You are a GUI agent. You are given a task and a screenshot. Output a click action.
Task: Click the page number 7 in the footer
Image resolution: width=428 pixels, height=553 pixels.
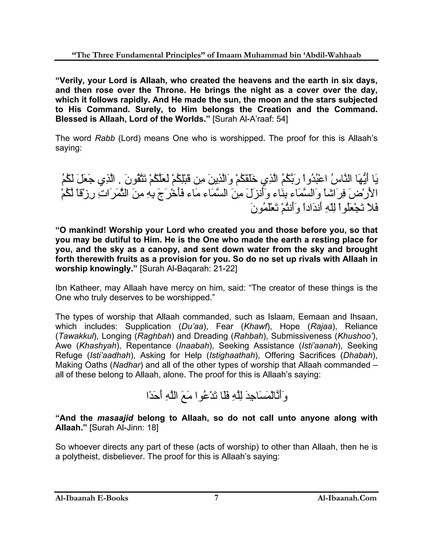tap(216, 497)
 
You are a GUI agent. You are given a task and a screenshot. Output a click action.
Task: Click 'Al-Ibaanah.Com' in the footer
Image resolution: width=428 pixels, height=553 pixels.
tap(347, 498)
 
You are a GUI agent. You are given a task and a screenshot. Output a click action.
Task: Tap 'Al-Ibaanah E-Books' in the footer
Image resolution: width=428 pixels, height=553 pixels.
tap(92, 498)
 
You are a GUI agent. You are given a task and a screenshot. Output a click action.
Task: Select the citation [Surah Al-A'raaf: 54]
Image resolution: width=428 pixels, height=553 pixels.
tap(250, 119)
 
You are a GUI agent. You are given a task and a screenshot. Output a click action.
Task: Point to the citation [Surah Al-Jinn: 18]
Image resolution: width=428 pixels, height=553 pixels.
tap(124, 428)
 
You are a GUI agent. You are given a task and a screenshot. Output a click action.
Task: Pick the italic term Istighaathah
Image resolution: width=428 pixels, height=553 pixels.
tap(231, 355)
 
